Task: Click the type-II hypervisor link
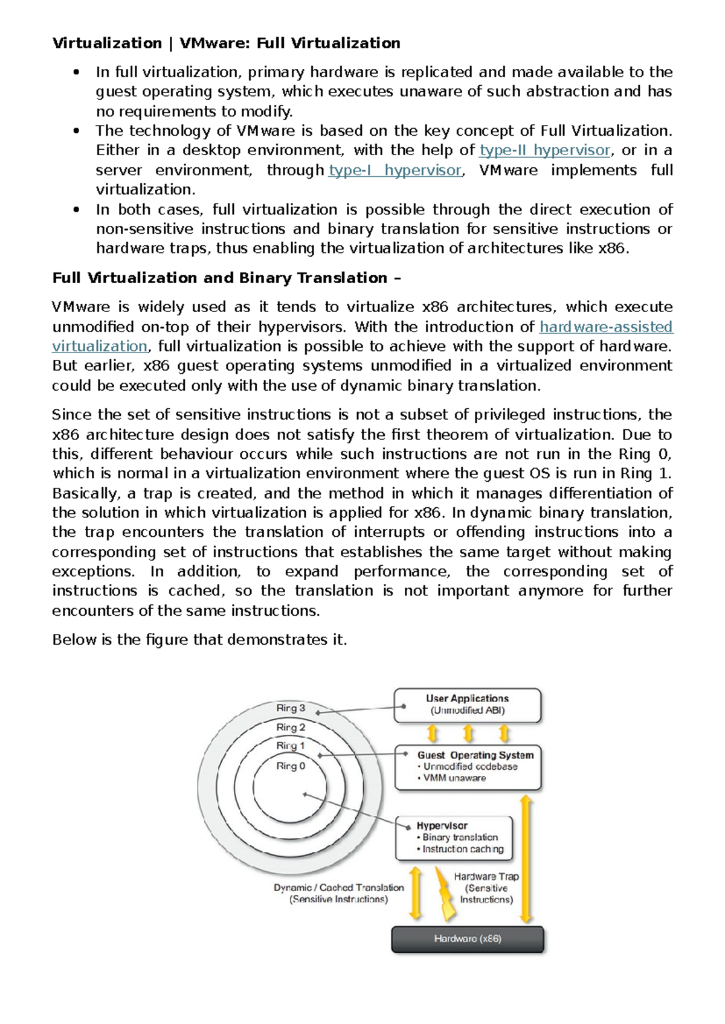click(x=544, y=150)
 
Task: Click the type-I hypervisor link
click(x=395, y=170)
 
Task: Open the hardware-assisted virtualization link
click(x=605, y=327)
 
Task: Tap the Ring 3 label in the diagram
click(x=291, y=708)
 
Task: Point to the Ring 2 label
click(x=291, y=727)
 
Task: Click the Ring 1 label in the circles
click(x=291, y=746)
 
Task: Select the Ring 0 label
click(x=291, y=766)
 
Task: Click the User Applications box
click(x=467, y=705)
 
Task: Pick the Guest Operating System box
click(x=468, y=767)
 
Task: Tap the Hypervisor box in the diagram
click(x=454, y=837)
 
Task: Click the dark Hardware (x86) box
click(x=468, y=939)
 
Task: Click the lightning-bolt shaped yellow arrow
click(x=445, y=894)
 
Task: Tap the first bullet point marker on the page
click(x=76, y=72)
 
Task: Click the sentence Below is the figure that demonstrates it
click(x=199, y=640)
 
